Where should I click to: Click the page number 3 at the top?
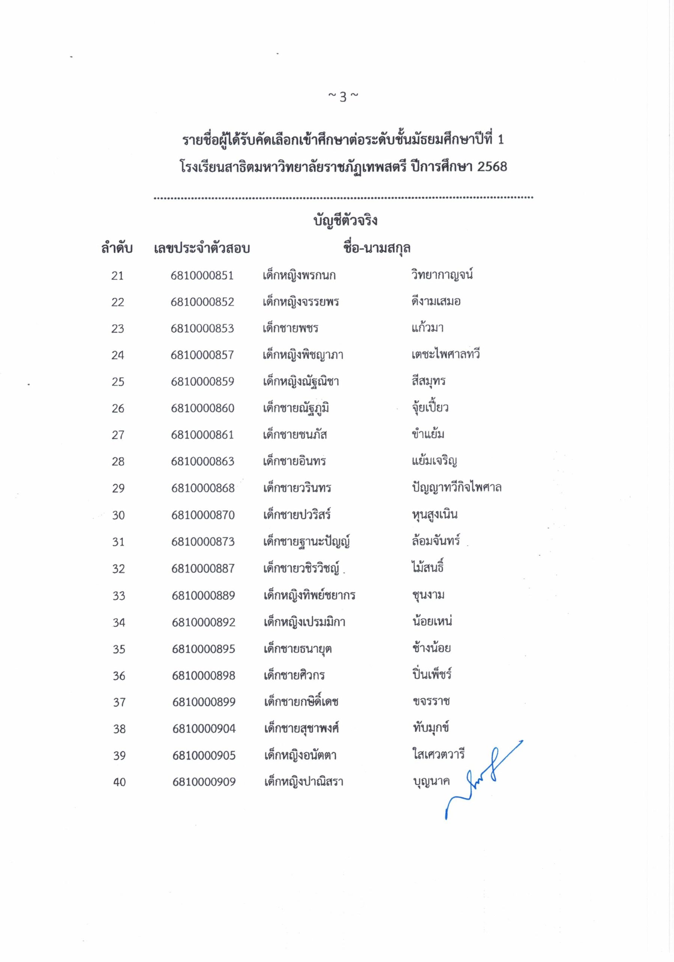(x=343, y=97)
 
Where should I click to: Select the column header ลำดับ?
(x=117, y=248)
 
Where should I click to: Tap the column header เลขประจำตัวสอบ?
(x=202, y=248)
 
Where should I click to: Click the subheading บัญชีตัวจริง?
(x=346, y=220)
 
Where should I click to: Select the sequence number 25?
(x=118, y=382)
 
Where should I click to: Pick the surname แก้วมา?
(x=427, y=328)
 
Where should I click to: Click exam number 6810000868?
(x=203, y=488)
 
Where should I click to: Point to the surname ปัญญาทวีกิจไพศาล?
(x=456, y=488)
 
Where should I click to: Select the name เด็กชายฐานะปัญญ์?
(x=306, y=542)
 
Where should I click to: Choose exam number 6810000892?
(x=204, y=622)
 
